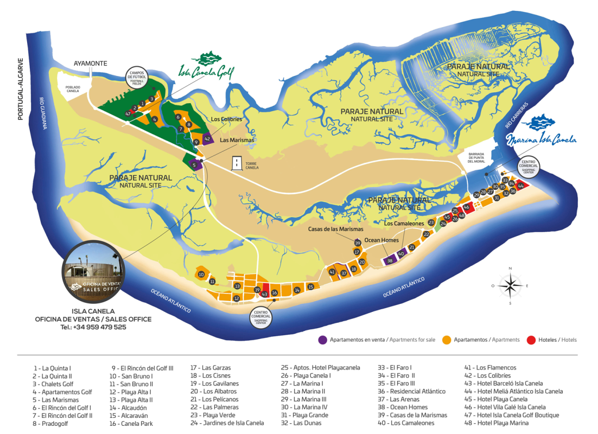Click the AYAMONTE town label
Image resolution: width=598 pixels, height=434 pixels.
coord(91,63)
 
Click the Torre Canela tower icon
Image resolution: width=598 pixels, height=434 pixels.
coord(237,163)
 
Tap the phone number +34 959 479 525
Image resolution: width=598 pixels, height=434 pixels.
coord(93,327)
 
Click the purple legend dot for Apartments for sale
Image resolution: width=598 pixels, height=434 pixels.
coord(322,340)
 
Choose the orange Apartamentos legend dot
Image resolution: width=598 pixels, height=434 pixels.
coord(447,340)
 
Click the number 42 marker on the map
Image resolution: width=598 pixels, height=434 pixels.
coord(207,139)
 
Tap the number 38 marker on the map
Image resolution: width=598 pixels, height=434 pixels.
coord(390,261)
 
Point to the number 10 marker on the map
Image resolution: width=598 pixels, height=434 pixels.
coord(201,275)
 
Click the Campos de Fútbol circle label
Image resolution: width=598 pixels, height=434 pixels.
coord(136,78)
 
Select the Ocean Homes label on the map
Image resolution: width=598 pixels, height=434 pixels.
coord(381,240)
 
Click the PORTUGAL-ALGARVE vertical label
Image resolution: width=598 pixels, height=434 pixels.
coord(21,89)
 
